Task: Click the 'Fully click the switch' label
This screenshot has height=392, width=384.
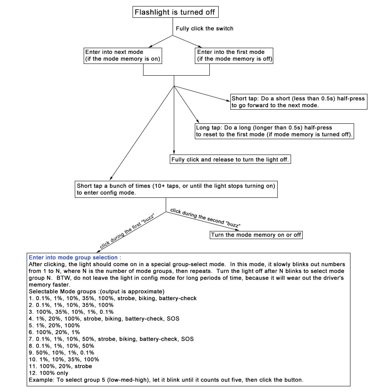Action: click(205, 29)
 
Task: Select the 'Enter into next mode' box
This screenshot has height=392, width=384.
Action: click(122, 55)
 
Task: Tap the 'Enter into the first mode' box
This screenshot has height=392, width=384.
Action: click(234, 55)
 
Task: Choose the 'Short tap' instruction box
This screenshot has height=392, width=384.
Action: click(298, 102)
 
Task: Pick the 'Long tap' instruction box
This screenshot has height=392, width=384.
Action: click(274, 131)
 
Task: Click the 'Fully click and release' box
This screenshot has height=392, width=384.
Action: click(230, 160)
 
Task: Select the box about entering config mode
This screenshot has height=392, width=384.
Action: click(176, 189)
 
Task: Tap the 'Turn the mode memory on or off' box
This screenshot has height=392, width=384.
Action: click(256, 235)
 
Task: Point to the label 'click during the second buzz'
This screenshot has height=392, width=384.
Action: click(205, 218)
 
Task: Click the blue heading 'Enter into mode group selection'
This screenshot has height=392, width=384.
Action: click(75, 257)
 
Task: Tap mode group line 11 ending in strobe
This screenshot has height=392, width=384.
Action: click(61, 366)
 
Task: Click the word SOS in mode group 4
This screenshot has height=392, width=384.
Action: click(173, 318)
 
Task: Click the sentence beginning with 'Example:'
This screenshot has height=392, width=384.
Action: click(166, 380)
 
